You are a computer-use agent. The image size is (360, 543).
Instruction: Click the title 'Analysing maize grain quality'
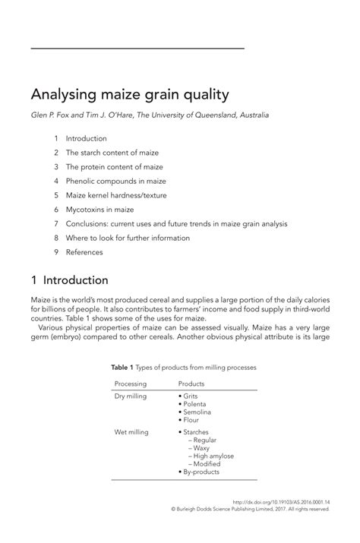129,96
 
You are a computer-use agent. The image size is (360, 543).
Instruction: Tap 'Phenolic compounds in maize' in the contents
115,181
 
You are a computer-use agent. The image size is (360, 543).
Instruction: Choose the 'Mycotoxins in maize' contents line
99,209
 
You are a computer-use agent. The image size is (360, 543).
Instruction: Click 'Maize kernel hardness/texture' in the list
116,195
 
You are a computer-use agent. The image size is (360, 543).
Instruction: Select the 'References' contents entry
84,251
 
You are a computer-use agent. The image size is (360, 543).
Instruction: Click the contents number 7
56,223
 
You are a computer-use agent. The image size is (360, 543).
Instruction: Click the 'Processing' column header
130,384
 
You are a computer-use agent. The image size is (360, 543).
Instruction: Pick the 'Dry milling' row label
131,396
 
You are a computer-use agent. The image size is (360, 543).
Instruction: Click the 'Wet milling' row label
131,431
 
